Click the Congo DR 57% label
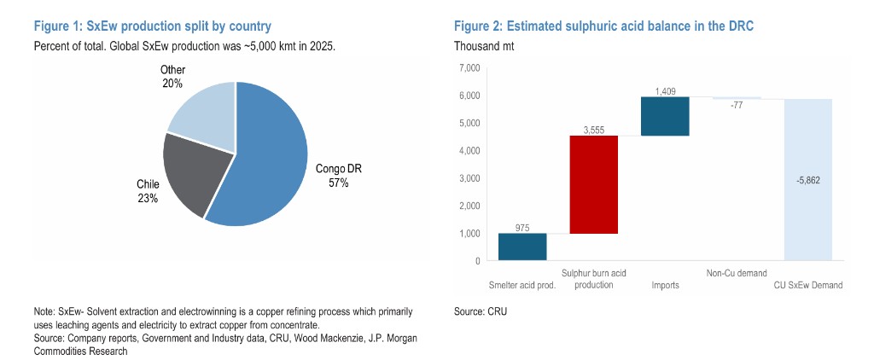click(x=339, y=176)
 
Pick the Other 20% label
click(x=172, y=76)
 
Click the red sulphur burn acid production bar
click(x=593, y=183)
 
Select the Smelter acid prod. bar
click(x=522, y=247)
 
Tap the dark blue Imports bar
click(x=665, y=116)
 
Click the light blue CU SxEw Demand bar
click(x=807, y=179)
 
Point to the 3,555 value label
click(x=593, y=130)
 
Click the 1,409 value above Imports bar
click(x=666, y=90)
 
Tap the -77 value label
click(x=737, y=107)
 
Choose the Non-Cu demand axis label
click(x=736, y=274)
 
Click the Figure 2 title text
click(x=603, y=27)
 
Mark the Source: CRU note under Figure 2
click(x=481, y=313)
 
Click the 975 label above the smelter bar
click(x=522, y=227)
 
